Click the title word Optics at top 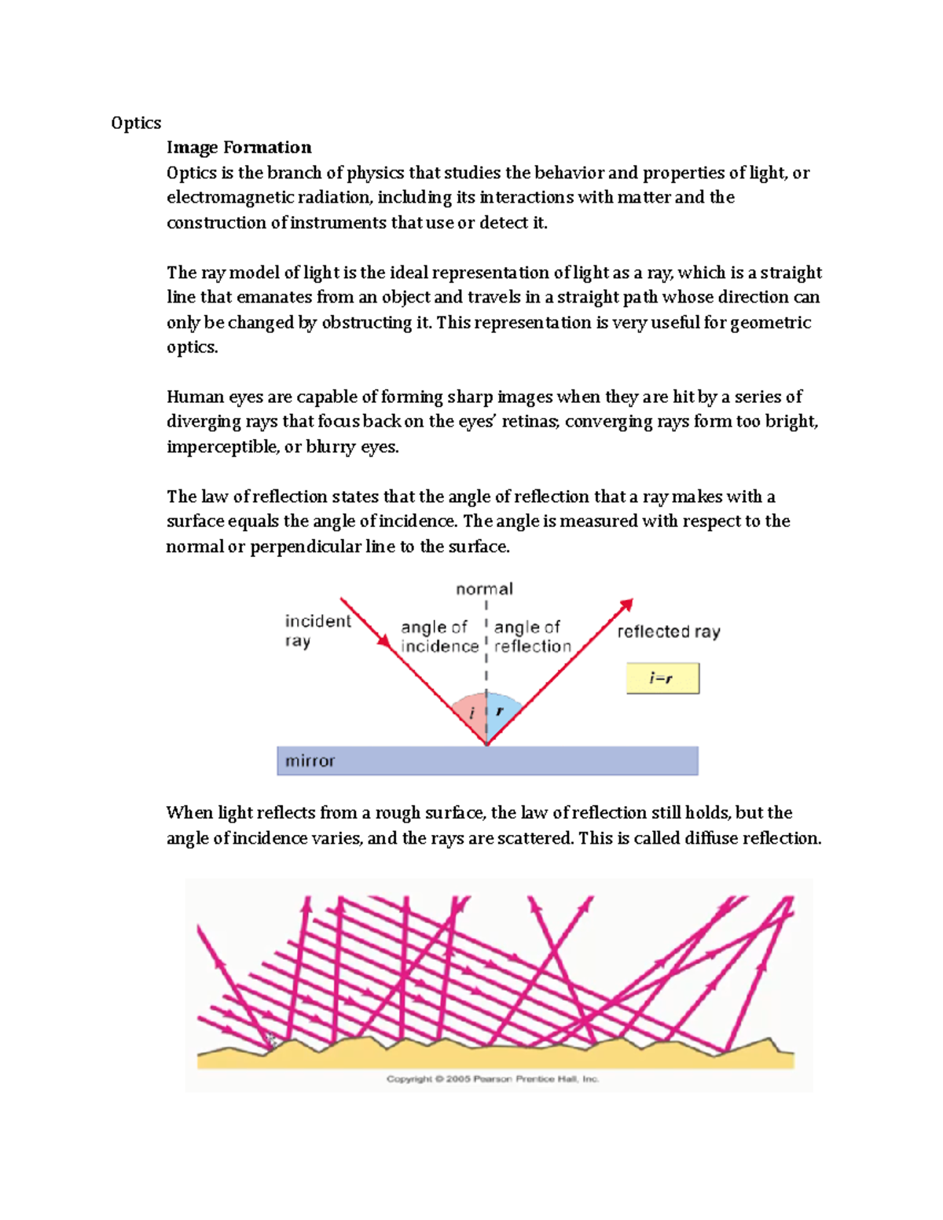point(136,123)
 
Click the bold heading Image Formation point(239,148)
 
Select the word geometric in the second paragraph point(770,322)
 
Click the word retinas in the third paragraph point(530,422)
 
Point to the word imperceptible point(222,447)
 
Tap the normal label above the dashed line point(484,589)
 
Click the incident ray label point(317,631)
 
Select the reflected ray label point(668,632)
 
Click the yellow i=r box point(662,678)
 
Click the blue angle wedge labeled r point(501,710)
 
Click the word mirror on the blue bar point(310,760)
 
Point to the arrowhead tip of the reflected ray point(631,601)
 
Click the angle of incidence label point(439,636)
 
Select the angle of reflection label point(532,636)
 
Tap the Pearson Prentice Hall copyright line point(492,1079)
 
